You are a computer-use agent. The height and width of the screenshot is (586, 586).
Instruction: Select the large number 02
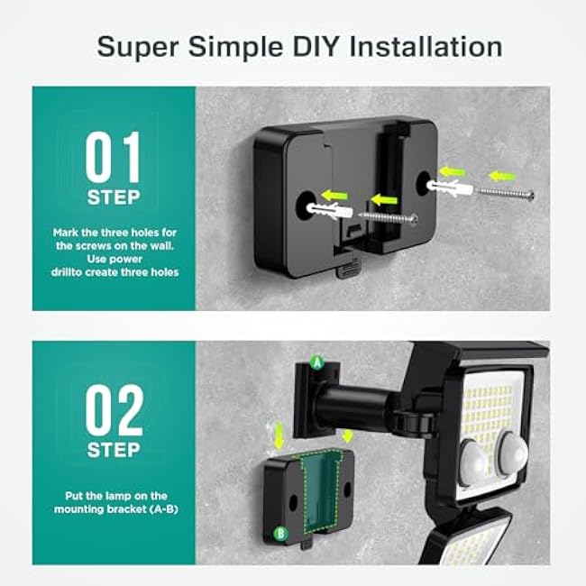click(x=114, y=411)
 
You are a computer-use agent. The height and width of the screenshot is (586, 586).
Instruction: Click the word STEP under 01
click(x=114, y=197)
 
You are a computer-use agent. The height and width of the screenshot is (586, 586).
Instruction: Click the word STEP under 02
click(x=114, y=450)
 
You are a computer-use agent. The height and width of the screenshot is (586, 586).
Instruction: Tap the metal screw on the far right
click(x=506, y=192)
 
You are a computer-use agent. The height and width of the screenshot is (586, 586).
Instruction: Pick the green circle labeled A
click(x=316, y=362)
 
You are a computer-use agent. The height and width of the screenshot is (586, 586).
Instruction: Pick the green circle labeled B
click(x=280, y=533)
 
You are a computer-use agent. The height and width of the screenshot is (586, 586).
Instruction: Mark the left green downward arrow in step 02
click(x=279, y=438)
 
